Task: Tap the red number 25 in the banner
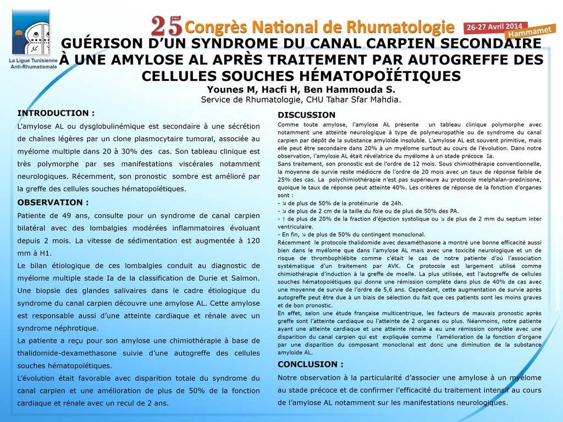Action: point(166,25)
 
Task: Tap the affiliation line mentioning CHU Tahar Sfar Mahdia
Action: point(301,99)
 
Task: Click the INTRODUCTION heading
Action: point(56,113)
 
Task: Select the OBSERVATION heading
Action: point(53,202)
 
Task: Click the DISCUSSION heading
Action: point(306,115)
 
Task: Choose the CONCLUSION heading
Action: point(310,364)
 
